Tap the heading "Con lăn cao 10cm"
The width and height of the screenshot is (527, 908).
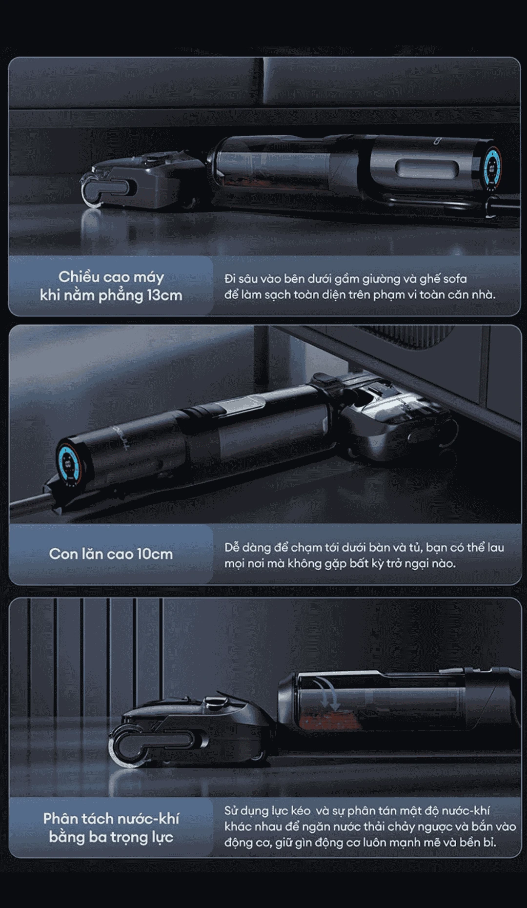click(111, 554)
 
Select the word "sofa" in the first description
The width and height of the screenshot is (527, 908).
click(455, 279)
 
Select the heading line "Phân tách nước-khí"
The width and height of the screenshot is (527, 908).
click(111, 819)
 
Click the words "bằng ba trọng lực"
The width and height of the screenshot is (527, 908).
click(111, 837)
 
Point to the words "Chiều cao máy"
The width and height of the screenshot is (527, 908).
click(111, 277)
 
